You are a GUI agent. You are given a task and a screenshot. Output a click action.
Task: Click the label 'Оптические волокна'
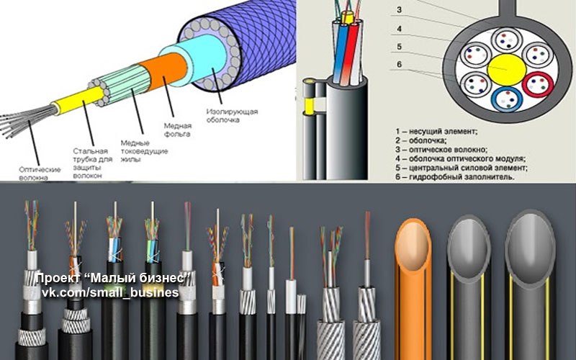(40, 174)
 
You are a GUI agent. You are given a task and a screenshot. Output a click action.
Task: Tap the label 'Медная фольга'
(177, 130)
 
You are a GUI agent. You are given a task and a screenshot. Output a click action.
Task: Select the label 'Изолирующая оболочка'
(232, 116)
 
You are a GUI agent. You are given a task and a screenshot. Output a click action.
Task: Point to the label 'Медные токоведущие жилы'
(145, 151)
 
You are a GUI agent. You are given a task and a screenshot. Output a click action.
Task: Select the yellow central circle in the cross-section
(507, 68)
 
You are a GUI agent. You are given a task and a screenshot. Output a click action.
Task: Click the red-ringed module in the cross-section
(537, 85)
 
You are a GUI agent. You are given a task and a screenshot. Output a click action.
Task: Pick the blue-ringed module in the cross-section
(507, 99)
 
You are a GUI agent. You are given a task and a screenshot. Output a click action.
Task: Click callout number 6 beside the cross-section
(400, 64)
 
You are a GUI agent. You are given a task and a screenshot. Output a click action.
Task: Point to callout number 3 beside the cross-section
(400, 10)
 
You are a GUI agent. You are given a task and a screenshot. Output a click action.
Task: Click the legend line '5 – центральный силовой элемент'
(462, 168)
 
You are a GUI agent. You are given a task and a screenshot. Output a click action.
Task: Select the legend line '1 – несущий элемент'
(436, 131)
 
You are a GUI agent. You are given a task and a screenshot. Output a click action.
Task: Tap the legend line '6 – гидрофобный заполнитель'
(455, 177)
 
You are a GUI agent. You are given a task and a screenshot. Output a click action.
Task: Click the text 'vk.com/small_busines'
(110, 293)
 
